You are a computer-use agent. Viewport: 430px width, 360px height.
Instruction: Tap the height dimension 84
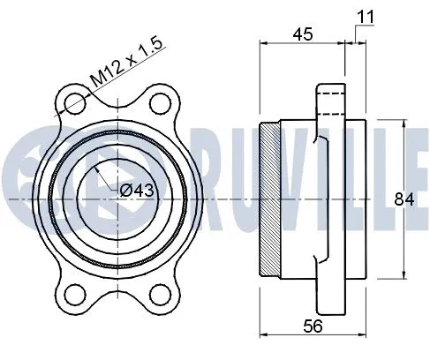404,199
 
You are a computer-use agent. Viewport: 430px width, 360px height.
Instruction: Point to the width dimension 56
313,326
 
